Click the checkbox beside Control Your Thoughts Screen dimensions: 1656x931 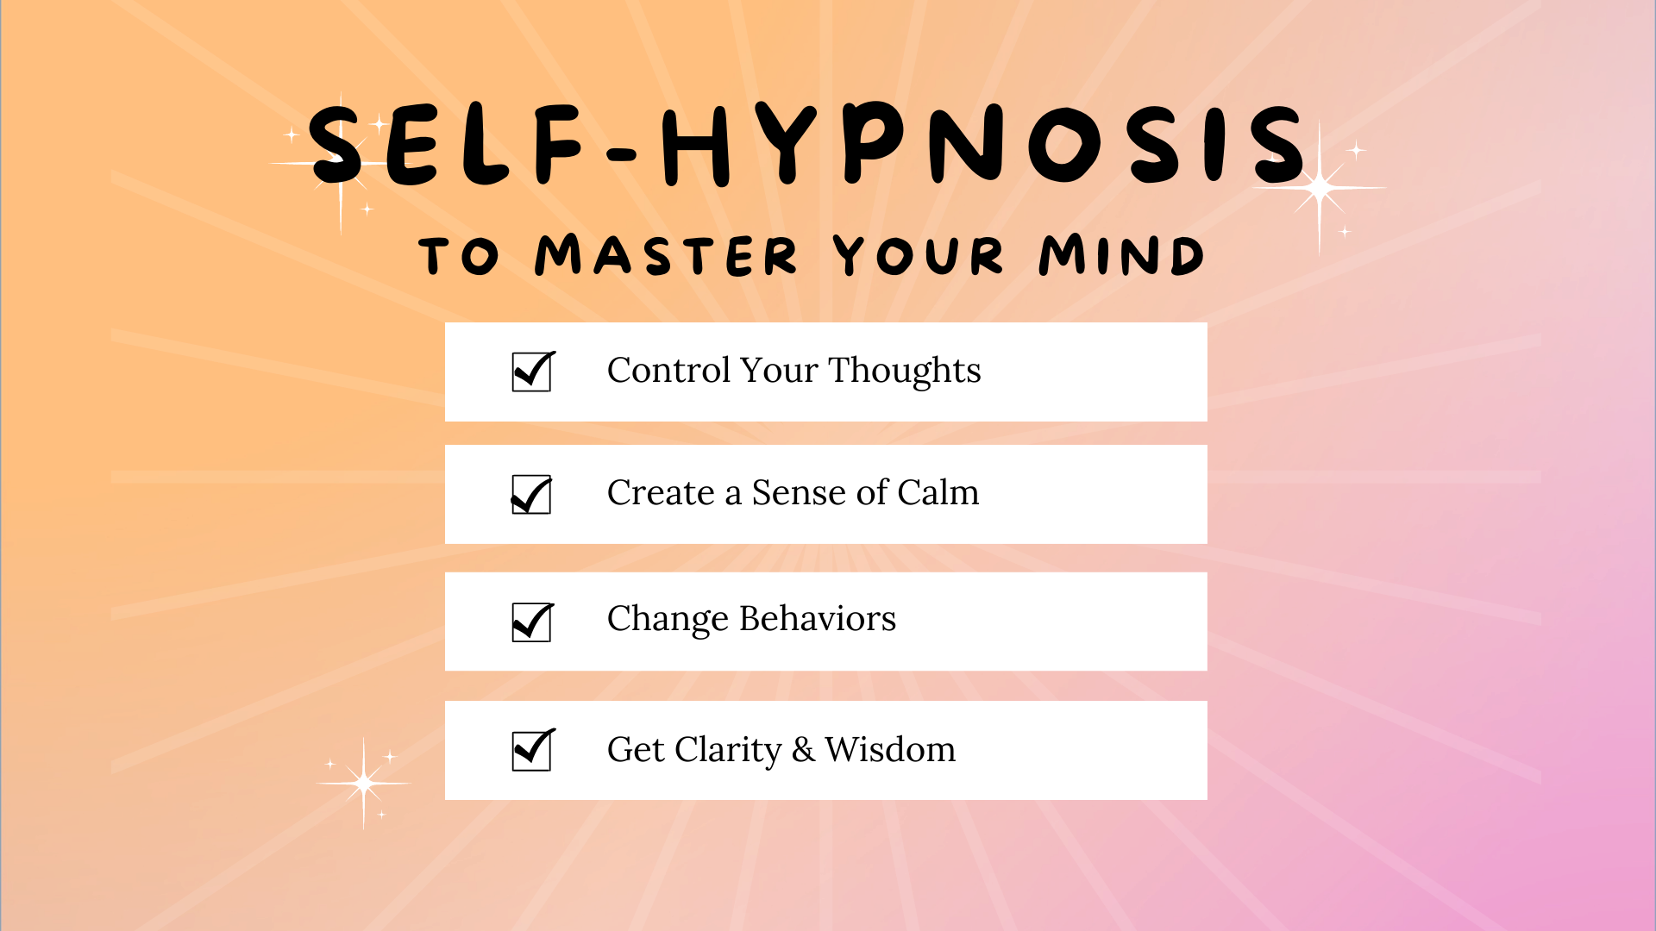click(x=532, y=372)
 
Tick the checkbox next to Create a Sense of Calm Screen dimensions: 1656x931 click(x=531, y=494)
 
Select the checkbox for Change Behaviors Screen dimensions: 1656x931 click(x=532, y=622)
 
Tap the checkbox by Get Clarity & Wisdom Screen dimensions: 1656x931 click(x=532, y=749)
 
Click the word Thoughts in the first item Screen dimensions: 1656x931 click(x=905, y=372)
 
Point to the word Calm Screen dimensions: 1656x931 click(x=938, y=492)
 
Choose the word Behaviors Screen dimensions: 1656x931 click(x=818, y=618)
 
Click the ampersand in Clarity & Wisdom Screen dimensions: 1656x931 click(x=803, y=749)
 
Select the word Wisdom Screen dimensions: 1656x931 click(x=890, y=749)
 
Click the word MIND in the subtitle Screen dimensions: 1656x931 click(x=1121, y=255)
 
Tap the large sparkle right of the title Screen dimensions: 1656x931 click(x=1320, y=187)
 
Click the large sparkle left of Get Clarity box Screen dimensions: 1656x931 click(x=364, y=784)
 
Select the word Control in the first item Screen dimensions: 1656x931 click(x=669, y=370)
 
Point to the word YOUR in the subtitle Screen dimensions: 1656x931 click(x=919, y=255)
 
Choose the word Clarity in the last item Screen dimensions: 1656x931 click(x=728, y=750)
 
